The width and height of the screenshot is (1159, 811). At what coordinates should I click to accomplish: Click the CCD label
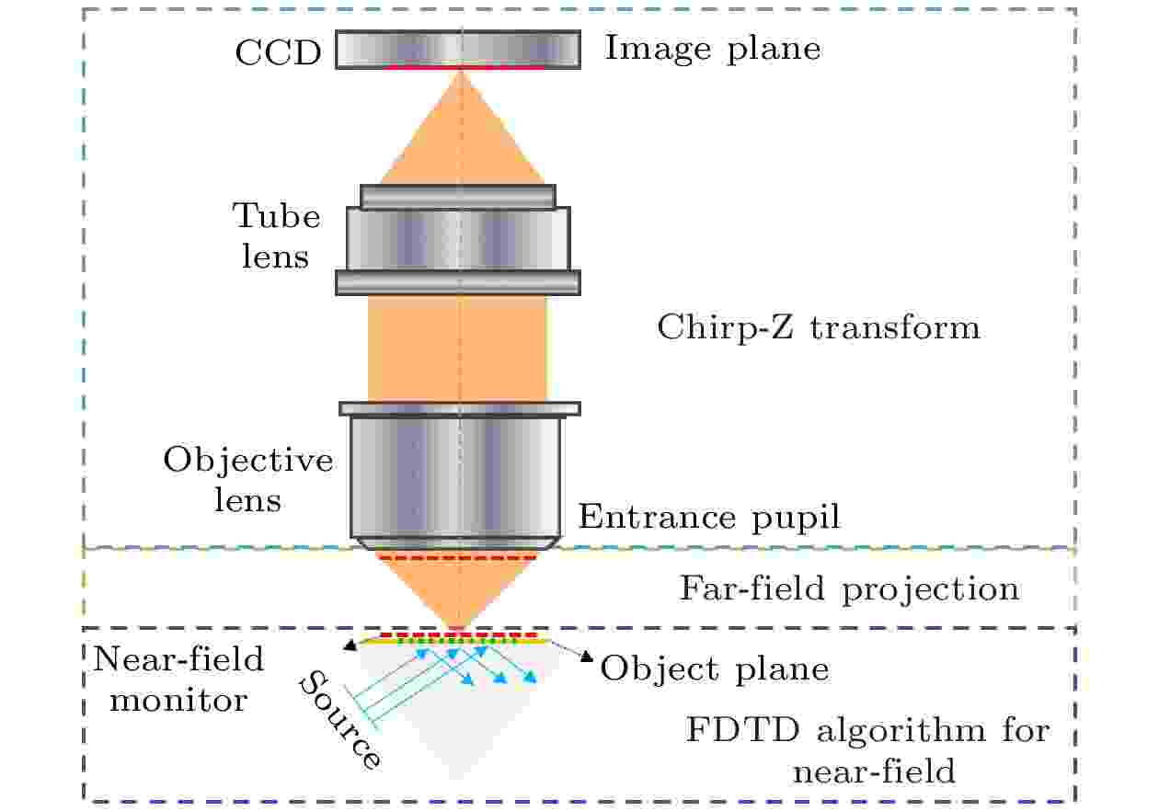point(279,52)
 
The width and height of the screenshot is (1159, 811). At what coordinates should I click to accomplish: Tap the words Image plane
point(713,50)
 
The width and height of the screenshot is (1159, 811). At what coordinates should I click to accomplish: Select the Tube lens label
point(276,235)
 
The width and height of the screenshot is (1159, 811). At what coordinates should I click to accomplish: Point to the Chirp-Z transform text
point(819,328)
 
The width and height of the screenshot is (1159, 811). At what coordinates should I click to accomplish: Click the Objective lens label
point(248,480)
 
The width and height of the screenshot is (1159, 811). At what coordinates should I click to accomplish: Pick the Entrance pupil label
point(709,517)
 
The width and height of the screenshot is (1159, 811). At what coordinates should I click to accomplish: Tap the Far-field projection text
point(849,589)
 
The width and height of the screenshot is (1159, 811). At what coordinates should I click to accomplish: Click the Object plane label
point(715,669)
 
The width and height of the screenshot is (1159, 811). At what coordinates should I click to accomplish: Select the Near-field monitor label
point(178,680)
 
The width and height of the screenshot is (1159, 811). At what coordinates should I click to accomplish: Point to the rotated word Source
point(340,720)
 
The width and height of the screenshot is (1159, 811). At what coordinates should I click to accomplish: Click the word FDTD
point(743,730)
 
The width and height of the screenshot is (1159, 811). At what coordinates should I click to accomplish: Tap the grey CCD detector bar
point(458,49)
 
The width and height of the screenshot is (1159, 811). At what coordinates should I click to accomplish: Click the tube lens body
point(458,239)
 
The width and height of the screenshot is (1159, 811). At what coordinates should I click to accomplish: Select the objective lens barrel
point(455,477)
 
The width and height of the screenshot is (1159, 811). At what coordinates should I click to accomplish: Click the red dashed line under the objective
point(458,558)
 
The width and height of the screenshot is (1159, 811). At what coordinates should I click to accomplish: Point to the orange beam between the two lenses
point(458,348)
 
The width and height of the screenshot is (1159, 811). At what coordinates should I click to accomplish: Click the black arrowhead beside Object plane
point(586,657)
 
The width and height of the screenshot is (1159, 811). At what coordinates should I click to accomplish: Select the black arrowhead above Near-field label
point(350,645)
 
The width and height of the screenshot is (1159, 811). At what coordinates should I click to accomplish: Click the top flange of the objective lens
point(460,408)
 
